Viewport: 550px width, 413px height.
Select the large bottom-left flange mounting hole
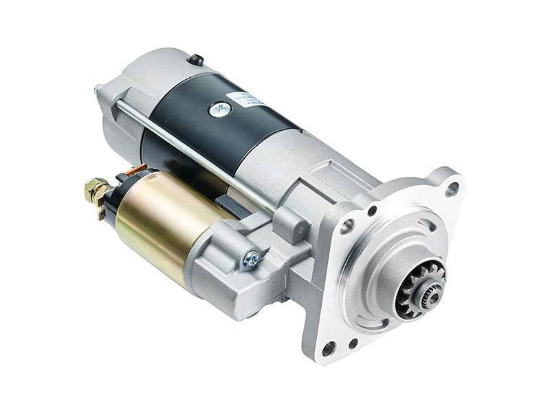pos(329,348)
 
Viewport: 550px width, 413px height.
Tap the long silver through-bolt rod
pos(199,151)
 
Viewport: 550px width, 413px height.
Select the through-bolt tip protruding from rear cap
pos(98,89)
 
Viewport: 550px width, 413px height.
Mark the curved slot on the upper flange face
pos(426,224)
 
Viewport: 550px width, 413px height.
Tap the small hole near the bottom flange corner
pos(353,342)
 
